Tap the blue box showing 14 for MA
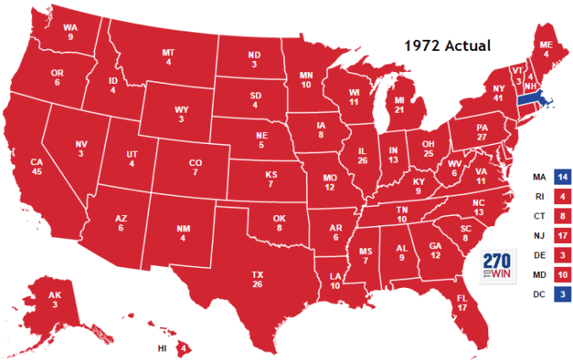[560, 177]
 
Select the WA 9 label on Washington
[72, 31]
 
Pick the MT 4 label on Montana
[169, 57]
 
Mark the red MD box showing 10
[560, 274]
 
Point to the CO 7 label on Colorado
[194, 168]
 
